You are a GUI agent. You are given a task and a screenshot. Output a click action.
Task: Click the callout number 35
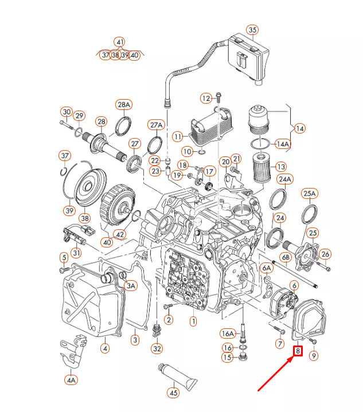pos(252,30)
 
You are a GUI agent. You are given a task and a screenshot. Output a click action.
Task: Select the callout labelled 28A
pos(124,104)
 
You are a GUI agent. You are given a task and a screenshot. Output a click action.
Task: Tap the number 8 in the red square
pos(298,351)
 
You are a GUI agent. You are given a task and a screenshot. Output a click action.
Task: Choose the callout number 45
pos(173,393)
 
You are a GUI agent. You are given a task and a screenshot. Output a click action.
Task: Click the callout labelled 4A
pos(71,379)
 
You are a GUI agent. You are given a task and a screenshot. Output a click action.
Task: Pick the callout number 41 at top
pos(119,42)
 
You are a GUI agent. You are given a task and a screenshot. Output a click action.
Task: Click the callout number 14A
pos(283,144)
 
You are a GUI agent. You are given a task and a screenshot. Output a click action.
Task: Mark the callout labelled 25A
pos(310,194)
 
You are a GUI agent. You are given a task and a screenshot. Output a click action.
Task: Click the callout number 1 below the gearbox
pos(193,321)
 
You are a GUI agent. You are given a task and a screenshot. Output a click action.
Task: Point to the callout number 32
pos(157,348)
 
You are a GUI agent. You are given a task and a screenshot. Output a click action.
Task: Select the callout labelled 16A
pos(228,333)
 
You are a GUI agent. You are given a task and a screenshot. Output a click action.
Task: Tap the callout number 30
pos(67,112)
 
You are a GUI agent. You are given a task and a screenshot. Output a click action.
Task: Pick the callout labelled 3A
pos(131,285)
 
